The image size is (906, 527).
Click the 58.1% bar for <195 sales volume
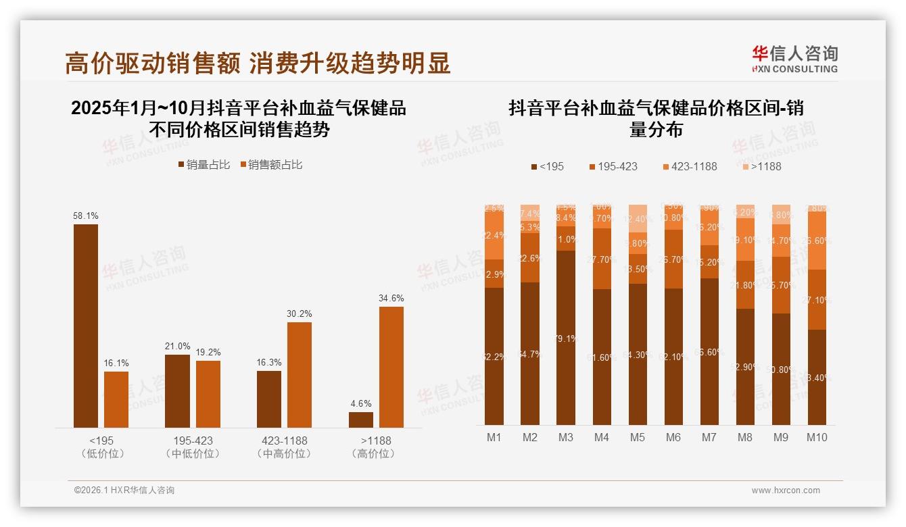click(x=86, y=325)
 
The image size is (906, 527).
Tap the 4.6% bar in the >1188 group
click(x=361, y=420)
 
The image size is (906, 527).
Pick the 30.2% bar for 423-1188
click(x=300, y=374)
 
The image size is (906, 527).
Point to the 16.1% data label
click(x=116, y=363)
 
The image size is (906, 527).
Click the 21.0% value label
click(x=177, y=347)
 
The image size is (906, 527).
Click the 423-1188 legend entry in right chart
click(x=689, y=166)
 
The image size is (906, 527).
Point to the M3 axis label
click(x=566, y=437)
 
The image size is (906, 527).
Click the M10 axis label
click(x=817, y=437)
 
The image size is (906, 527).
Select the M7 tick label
click(x=709, y=437)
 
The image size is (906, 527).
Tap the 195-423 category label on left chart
click(x=193, y=441)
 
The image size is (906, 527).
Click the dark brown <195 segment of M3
click(x=566, y=338)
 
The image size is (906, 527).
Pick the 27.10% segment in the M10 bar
click(x=817, y=299)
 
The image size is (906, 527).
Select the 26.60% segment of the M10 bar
click(x=817, y=241)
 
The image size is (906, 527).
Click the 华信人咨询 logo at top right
click(x=794, y=58)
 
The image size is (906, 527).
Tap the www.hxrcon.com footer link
click(x=786, y=491)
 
